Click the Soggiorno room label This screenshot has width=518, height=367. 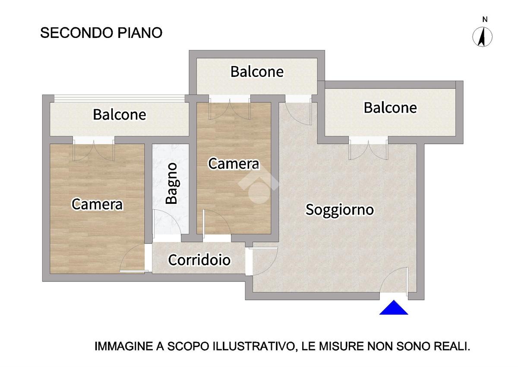tap(339, 210)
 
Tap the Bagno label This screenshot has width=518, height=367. tap(172, 183)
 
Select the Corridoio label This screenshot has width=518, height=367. tap(199, 260)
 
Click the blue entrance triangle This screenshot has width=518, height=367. tap(394, 307)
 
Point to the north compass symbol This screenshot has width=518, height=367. tap(483, 37)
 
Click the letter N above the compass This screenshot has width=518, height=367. tap(485, 20)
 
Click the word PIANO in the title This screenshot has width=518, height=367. tap(140, 33)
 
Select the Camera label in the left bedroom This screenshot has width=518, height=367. tap(97, 204)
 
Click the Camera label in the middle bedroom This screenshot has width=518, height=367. tap(234, 164)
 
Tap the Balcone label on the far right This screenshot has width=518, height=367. tap(390, 108)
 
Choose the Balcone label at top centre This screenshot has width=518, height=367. tap(257, 72)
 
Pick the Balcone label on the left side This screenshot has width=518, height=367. tap(120, 115)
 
